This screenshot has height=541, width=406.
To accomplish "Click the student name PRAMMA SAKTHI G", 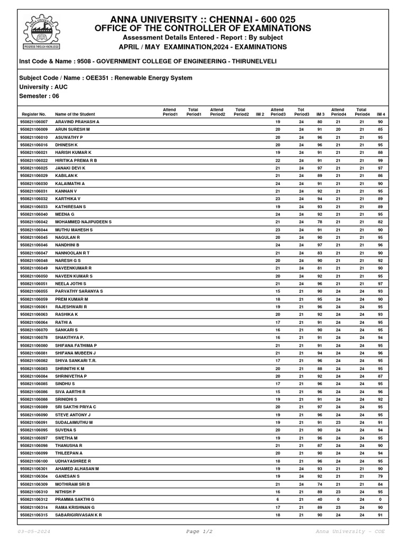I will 75,499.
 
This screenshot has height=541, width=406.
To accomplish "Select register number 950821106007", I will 34,122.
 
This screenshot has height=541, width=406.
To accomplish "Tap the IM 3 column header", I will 320,114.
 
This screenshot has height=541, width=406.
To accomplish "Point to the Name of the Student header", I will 75,114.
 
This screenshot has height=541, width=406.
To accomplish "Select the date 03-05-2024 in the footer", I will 34,531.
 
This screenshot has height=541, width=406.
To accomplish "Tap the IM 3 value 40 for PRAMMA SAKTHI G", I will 320,499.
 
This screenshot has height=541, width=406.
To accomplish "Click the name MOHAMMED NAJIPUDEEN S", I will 84,222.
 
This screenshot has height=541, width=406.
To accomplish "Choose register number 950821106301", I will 34,469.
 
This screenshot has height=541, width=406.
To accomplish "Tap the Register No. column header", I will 34,114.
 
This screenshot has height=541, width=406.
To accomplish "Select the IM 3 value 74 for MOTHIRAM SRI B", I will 320,484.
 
